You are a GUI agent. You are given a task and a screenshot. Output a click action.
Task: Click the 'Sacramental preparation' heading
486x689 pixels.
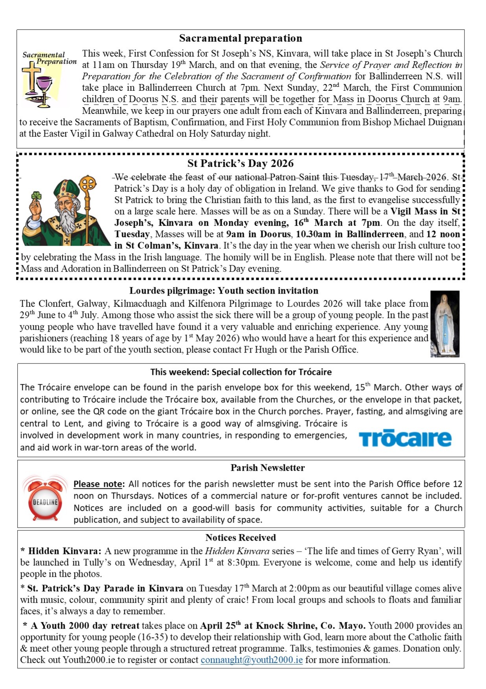pyautogui.click(x=240, y=38)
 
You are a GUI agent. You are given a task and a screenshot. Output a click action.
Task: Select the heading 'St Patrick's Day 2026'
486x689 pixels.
pyautogui.click(x=240, y=163)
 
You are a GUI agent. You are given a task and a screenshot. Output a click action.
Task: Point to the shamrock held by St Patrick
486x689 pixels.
pyautogui.click(x=37, y=196)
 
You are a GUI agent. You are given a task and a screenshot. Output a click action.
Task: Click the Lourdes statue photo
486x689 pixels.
pyautogui.click(x=444, y=323)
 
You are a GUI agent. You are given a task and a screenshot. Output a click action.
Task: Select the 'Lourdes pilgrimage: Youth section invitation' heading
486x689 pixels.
pyautogui.click(x=224, y=291)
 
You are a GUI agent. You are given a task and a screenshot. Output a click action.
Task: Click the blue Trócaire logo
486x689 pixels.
pyautogui.click(x=405, y=438)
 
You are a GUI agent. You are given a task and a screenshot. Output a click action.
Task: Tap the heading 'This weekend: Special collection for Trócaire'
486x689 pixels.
pyautogui.click(x=241, y=372)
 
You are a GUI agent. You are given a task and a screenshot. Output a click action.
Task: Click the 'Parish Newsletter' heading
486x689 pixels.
pyautogui.click(x=267, y=468)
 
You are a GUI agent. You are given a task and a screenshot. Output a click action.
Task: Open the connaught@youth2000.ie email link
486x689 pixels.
pyautogui.click(x=252, y=660)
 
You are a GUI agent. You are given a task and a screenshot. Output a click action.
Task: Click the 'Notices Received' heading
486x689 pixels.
pyautogui.click(x=240, y=537)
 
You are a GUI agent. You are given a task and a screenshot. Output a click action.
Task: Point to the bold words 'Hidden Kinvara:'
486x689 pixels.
pyautogui.click(x=65, y=551)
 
